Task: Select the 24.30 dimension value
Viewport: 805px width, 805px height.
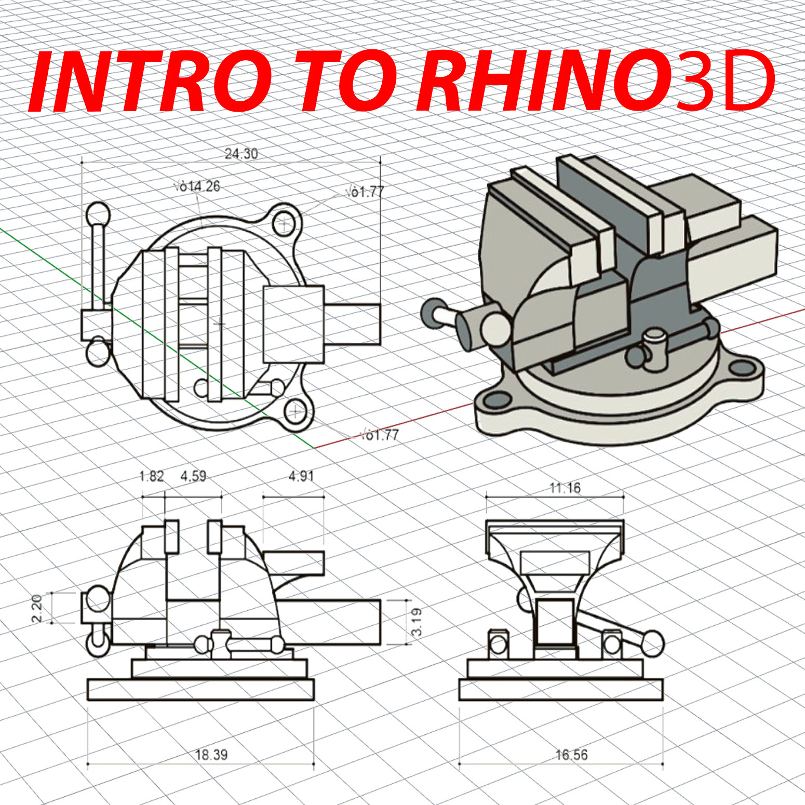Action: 241,154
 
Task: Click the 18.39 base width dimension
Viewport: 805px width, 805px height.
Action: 211,755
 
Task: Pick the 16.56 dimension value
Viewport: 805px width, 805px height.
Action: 571,755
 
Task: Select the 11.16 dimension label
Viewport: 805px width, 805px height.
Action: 565,488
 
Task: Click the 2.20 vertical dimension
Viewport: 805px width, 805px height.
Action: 36,608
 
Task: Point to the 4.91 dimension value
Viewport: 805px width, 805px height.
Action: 301,476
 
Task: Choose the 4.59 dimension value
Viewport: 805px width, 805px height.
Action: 193,476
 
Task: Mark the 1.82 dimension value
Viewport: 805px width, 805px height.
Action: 152,476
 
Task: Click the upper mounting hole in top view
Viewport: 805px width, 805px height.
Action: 284,224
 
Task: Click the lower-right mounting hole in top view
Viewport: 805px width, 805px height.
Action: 296,412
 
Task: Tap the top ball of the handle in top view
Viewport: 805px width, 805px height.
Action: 98,214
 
